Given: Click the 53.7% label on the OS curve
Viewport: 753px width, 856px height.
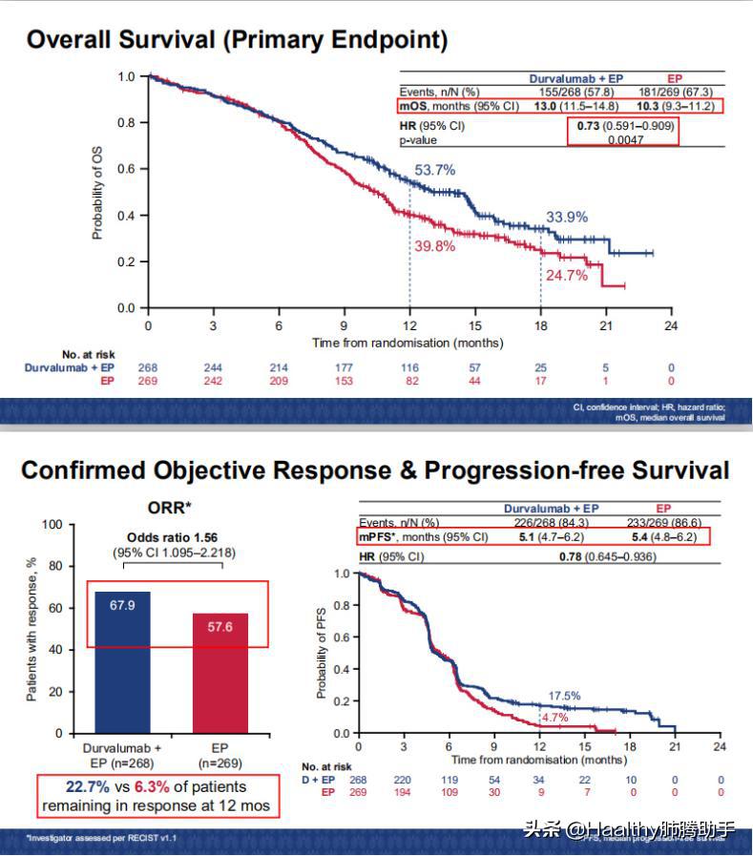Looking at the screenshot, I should (434, 170).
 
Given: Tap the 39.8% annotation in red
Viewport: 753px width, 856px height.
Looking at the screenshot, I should (434, 246).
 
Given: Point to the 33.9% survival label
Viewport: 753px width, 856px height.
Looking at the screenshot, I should (566, 218).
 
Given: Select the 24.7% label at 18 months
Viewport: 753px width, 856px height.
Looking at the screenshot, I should (566, 276).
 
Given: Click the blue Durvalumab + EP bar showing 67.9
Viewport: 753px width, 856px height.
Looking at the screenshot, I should (123, 661).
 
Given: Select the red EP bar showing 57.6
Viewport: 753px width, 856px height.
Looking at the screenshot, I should (220, 673).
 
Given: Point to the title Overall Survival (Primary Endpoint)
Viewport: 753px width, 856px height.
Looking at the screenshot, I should (237, 40).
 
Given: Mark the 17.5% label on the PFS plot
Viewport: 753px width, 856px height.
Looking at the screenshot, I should (563, 696).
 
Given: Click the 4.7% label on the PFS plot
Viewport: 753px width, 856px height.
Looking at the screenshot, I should (554, 717).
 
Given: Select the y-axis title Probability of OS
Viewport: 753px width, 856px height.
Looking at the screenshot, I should (97, 191).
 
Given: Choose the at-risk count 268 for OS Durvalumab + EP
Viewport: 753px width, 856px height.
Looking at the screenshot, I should (148, 367).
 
